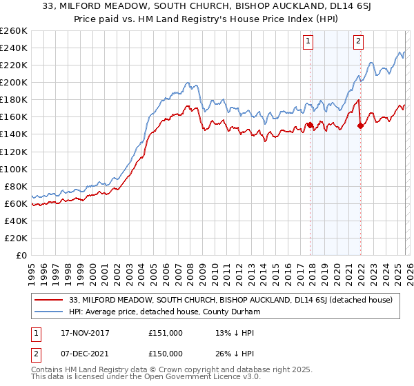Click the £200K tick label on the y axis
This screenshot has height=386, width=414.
coord(13,82)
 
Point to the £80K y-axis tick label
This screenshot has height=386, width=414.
coord(15,186)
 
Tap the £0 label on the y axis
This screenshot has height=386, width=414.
coord(21,255)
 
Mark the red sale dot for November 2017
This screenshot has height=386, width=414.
coord(310,125)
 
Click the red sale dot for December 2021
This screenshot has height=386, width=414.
coord(360,125)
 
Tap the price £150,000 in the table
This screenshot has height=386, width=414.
coord(165,354)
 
